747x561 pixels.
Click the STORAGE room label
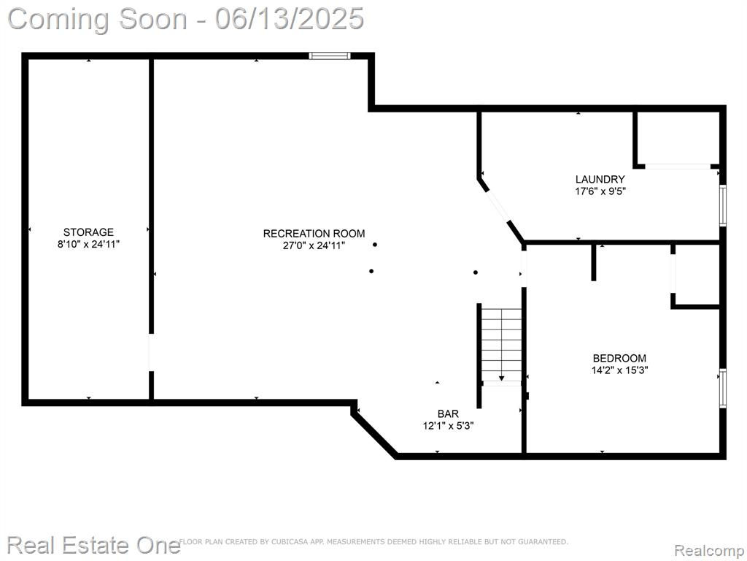point(88,232)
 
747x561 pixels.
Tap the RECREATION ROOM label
point(314,233)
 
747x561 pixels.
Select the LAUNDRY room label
point(600,180)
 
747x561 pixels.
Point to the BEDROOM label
point(619,358)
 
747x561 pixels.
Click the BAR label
point(448,413)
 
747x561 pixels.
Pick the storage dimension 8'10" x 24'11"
point(88,244)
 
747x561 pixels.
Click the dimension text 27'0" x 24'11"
point(314,245)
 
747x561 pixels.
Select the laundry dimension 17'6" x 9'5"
point(600,191)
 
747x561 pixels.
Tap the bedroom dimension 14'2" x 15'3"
point(620,370)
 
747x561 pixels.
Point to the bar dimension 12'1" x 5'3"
point(448,426)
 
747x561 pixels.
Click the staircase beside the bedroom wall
point(501,345)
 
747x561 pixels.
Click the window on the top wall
point(330,56)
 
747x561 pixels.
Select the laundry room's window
point(723,205)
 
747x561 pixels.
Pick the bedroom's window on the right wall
point(723,389)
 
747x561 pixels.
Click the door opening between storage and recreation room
point(151,352)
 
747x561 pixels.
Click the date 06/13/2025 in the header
point(290,19)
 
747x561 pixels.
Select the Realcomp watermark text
point(709,550)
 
